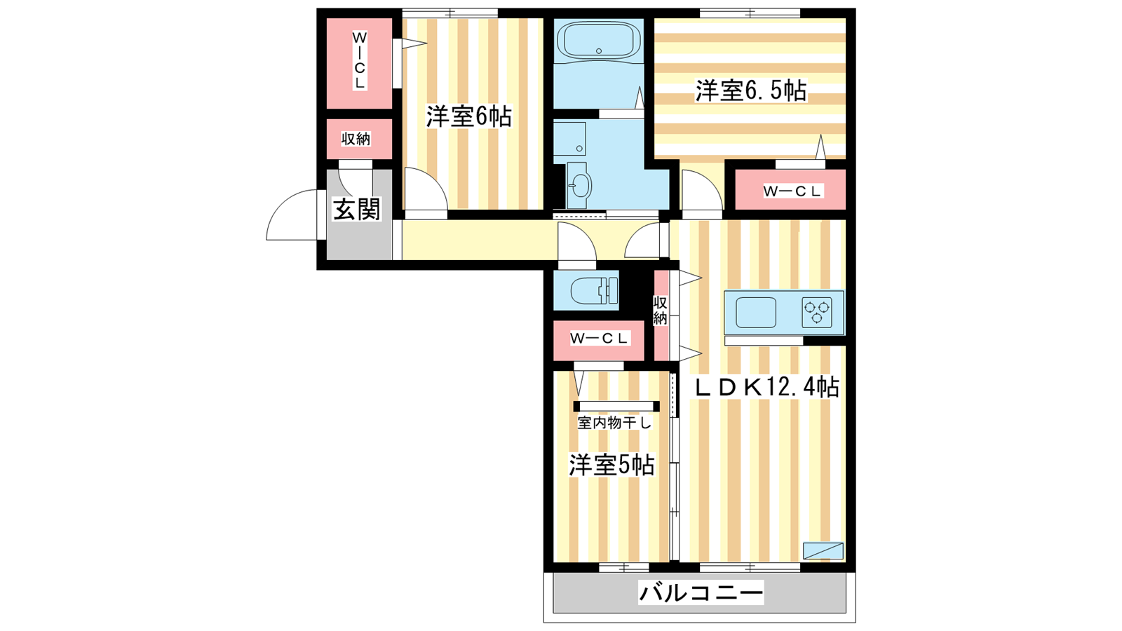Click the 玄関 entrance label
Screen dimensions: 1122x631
(x=357, y=209)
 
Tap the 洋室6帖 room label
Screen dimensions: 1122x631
(x=469, y=116)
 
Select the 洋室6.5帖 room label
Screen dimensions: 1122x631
(x=751, y=90)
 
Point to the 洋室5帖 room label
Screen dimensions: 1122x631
(x=611, y=466)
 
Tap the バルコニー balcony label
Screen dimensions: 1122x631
(x=701, y=592)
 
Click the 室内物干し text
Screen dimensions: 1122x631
(x=614, y=423)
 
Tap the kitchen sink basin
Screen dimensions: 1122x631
(x=755, y=313)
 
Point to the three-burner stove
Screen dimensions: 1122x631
(x=817, y=312)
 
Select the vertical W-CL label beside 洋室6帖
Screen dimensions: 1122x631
(x=359, y=60)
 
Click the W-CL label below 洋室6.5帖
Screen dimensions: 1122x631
(x=792, y=191)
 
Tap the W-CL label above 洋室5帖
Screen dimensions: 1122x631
(x=599, y=339)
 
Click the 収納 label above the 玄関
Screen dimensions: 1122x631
(x=356, y=139)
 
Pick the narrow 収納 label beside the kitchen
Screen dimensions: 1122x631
(x=660, y=311)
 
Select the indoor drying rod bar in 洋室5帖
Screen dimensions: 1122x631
(x=616, y=406)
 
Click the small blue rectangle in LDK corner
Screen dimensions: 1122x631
(x=823, y=551)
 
